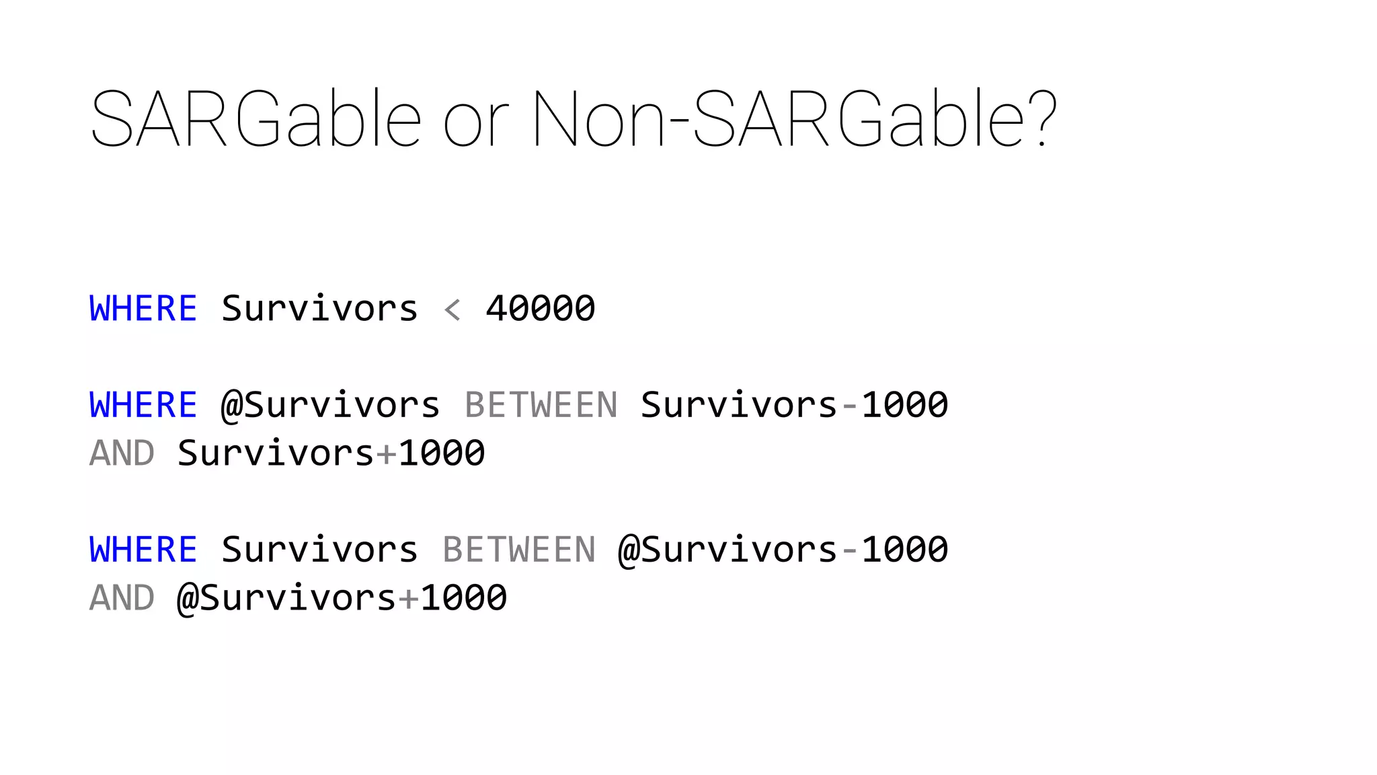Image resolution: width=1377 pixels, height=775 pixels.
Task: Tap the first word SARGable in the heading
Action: click(256, 120)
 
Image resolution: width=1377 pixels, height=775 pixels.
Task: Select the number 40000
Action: click(541, 309)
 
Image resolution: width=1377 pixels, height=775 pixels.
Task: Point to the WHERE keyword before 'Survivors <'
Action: click(143, 309)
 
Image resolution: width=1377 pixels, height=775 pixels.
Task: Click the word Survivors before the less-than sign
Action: click(319, 309)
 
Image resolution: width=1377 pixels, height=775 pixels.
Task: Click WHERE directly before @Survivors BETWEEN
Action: click(143, 405)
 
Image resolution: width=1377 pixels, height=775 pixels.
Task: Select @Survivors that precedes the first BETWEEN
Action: click(331, 405)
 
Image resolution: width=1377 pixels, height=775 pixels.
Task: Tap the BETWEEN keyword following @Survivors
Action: click(541, 405)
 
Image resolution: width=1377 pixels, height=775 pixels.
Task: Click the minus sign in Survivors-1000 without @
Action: click(850, 406)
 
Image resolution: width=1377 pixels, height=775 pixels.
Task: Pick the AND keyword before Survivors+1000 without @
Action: click(122, 453)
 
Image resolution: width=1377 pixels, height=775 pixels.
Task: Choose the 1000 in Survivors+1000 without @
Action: click(442, 453)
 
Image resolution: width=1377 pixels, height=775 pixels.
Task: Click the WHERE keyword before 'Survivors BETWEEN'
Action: click(143, 550)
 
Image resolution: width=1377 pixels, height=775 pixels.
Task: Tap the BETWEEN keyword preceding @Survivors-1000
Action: click(519, 550)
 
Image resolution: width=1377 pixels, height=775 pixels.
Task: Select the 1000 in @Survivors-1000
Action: click(905, 550)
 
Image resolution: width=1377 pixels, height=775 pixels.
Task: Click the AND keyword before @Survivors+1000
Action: click(122, 598)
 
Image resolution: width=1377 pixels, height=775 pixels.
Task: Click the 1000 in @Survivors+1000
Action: click(464, 598)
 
